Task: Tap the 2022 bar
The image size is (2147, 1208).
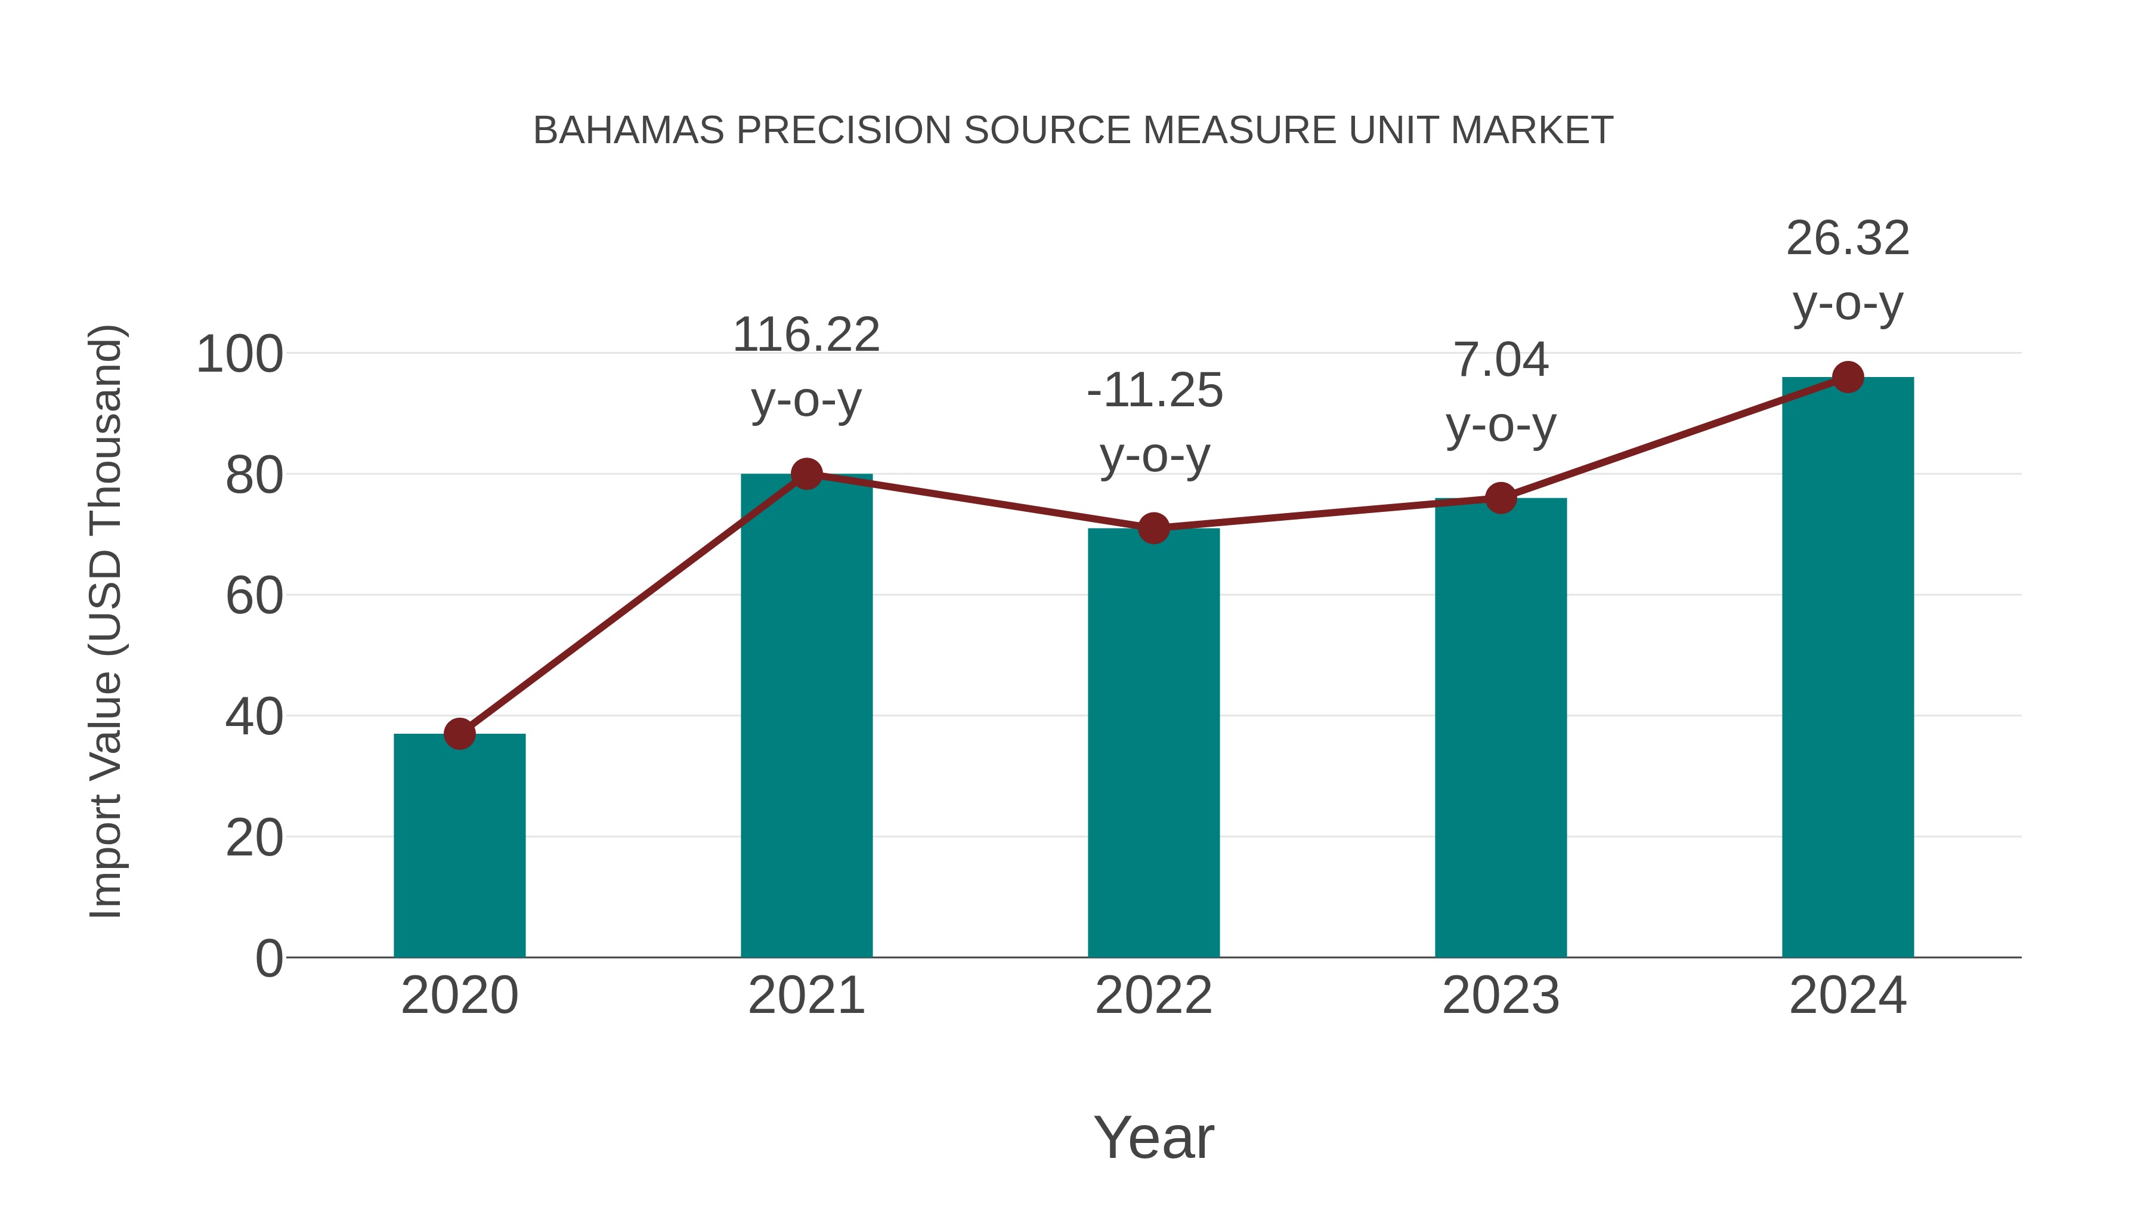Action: pos(1153,742)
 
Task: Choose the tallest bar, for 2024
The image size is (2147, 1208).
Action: pos(1848,667)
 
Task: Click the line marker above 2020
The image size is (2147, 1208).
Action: pos(459,734)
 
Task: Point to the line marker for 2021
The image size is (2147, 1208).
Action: pos(806,474)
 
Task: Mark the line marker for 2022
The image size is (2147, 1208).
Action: pos(1153,528)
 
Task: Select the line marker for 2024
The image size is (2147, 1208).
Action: pos(1848,377)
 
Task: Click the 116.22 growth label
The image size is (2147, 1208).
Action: pos(806,335)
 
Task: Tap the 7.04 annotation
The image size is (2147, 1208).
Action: pos(1501,360)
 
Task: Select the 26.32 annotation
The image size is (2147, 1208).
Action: pos(1848,239)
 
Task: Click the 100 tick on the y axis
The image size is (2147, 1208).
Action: pos(239,354)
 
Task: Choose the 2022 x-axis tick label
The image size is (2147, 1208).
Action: pos(1153,996)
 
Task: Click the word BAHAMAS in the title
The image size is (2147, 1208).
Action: pos(629,131)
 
